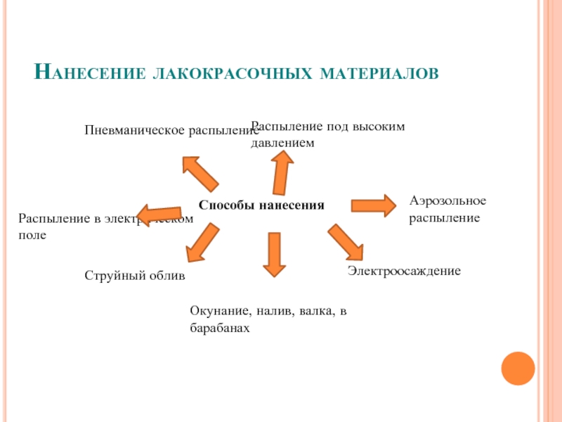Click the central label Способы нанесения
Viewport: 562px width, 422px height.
click(261, 205)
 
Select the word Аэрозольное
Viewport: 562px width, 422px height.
click(447, 201)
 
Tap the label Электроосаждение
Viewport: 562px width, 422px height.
click(404, 270)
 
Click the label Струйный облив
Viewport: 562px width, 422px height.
click(135, 276)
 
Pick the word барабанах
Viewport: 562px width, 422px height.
click(220, 328)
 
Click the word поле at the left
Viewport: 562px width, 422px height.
click(32, 235)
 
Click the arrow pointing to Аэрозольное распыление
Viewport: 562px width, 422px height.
click(373, 205)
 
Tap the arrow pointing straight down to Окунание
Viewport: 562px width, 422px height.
click(273, 253)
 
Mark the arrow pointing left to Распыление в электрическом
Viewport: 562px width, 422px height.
click(159, 213)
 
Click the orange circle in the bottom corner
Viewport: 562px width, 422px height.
click(518, 368)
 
